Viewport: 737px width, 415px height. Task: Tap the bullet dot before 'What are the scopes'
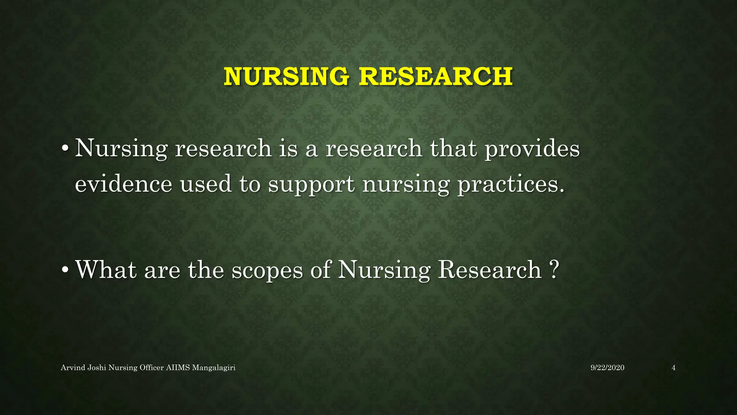[65, 270]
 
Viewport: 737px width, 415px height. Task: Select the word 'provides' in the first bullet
[532, 149]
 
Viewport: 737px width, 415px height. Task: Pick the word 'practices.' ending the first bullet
[511, 184]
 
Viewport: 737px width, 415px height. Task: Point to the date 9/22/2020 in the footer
[607, 368]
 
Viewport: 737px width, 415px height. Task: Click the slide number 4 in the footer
[673, 368]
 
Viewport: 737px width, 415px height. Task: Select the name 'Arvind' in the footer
[73, 368]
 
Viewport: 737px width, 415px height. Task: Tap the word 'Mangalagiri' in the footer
[214, 368]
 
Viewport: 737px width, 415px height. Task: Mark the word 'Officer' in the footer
[152, 368]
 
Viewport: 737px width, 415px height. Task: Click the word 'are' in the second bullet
[162, 270]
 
